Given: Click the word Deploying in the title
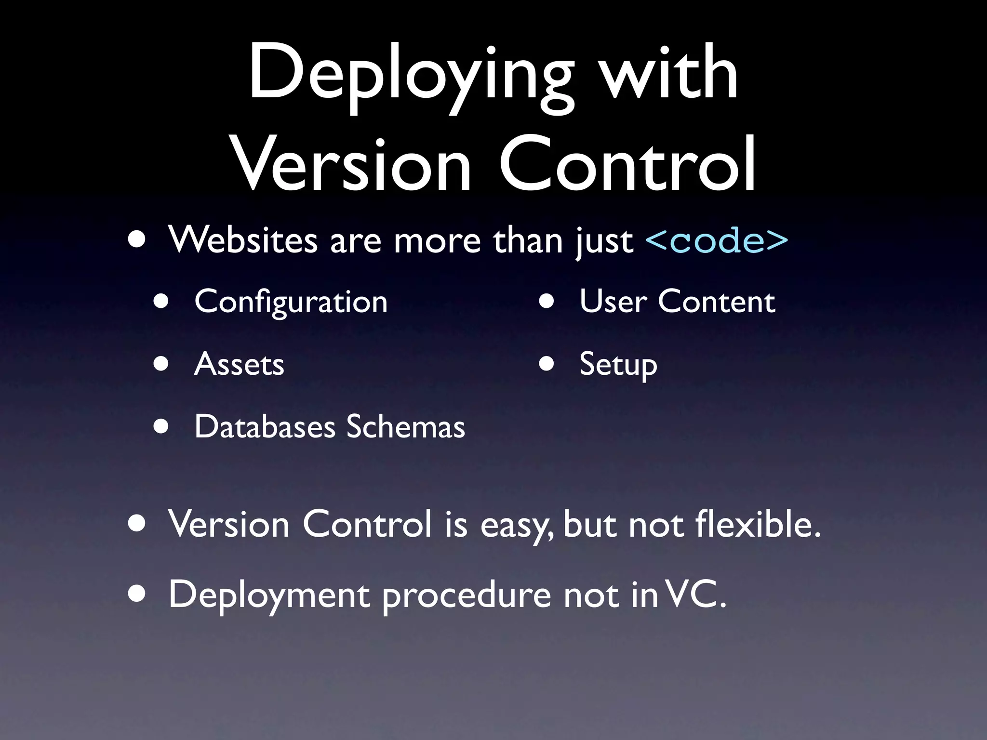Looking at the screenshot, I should pos(411,77).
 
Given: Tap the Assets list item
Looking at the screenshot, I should pos(239,364).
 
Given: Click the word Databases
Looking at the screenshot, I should pos(265,427).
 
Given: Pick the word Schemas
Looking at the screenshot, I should pos(405,427).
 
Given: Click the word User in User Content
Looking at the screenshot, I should pos(613,302).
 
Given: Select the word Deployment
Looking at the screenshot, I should pos(269,595).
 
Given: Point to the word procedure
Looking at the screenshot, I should pos(467,595).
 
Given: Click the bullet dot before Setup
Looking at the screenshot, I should pos(546,364).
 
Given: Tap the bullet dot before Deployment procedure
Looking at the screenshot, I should pos(137,595).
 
